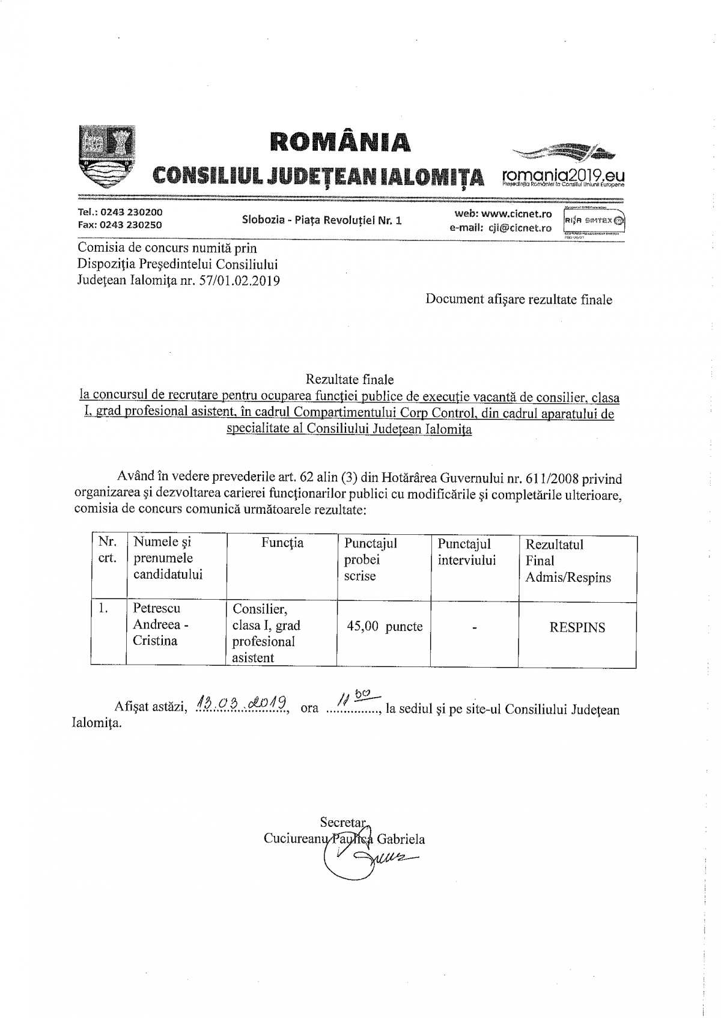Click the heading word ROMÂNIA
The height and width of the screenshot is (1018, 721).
point(341,141)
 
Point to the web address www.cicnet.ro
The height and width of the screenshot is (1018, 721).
point(517,214)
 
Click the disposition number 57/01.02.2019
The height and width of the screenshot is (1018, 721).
point(239,281)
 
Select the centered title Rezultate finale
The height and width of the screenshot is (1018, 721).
point(350,379)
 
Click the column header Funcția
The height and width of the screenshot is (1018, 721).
point(282,543)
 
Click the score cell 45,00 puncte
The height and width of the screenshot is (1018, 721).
point(385,626)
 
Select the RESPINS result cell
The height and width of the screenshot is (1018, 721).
point(577,628)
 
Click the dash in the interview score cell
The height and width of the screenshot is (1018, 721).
point(475,629)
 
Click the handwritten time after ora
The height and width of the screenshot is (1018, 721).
point(353,699)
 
